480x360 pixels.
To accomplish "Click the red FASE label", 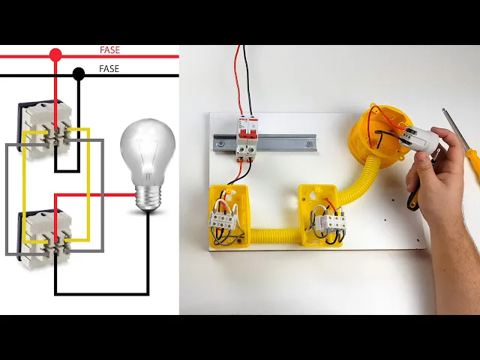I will tap(109, 50).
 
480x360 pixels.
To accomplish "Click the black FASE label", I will tap(109, 69).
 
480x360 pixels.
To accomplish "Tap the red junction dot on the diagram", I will tap(55, 55).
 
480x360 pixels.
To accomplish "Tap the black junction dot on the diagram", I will tap(79, 73).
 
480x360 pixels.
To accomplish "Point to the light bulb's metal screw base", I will tap(148, 197).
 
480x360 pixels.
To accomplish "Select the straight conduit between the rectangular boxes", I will tap(274, 235).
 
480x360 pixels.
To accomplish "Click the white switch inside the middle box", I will tap(330, 222).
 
